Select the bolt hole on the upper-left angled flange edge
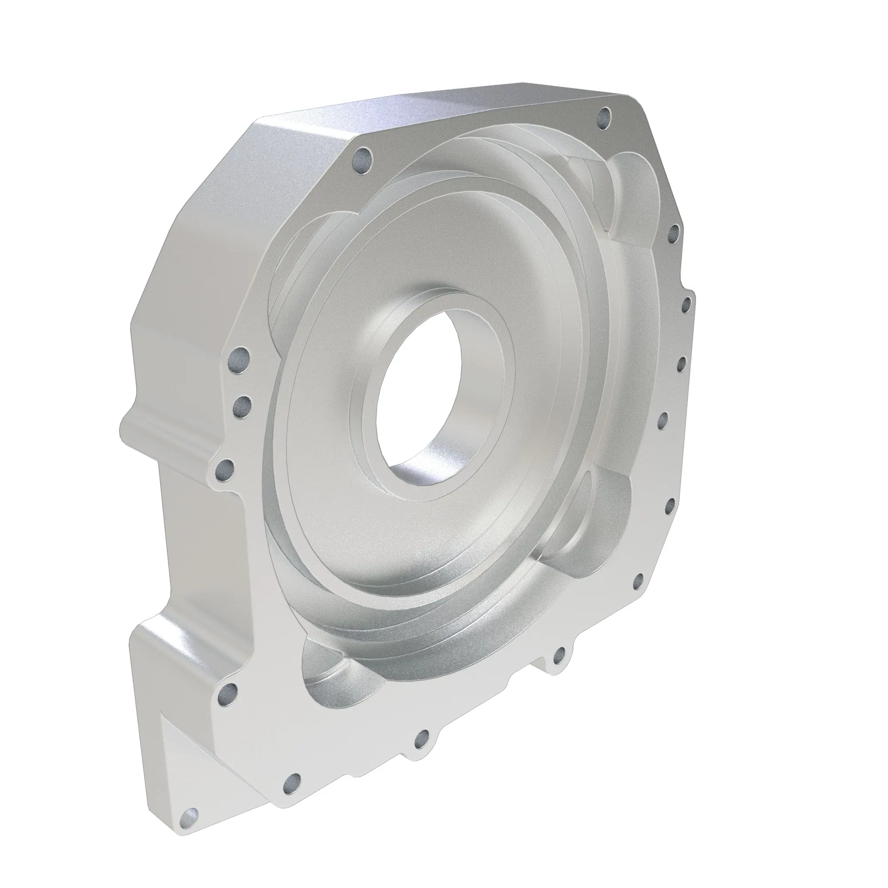click(363, 162)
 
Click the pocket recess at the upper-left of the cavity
click(294, 258)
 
